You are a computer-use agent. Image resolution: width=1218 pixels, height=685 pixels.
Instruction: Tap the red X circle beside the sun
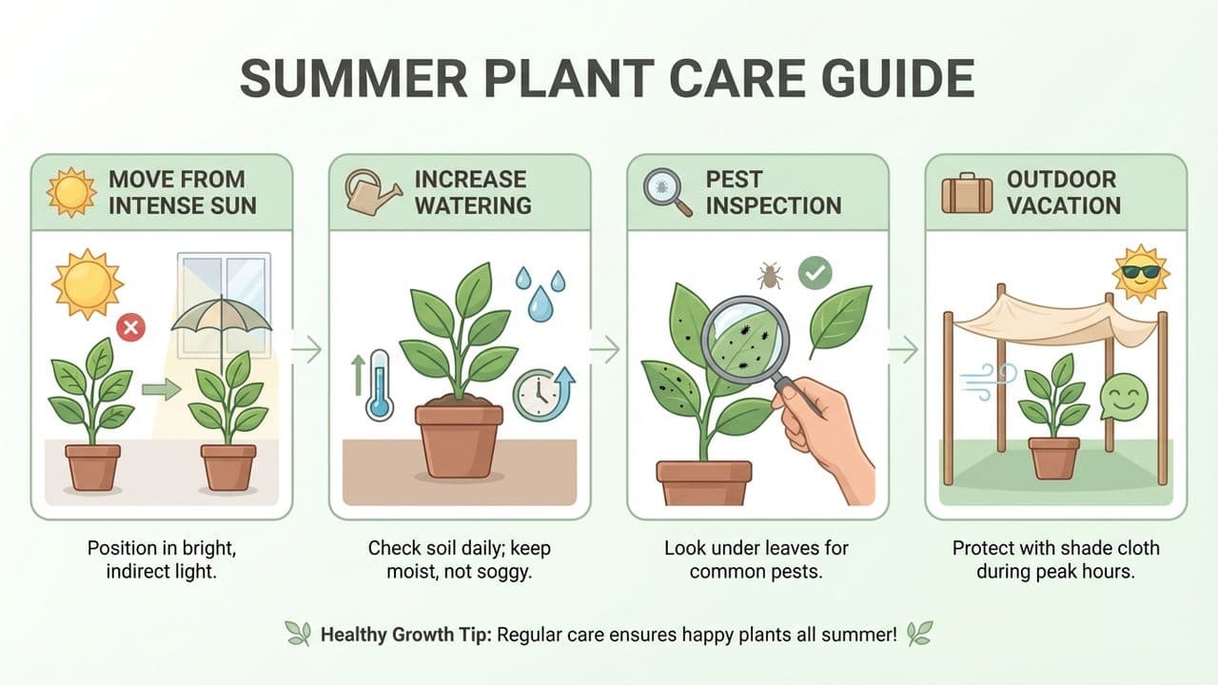(130, 329)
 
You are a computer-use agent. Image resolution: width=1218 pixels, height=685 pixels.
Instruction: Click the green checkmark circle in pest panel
(815, 274)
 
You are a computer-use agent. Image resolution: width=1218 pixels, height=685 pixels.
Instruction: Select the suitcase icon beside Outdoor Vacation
(967, 191)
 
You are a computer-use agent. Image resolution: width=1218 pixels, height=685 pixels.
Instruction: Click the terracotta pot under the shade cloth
(1053, 457)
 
